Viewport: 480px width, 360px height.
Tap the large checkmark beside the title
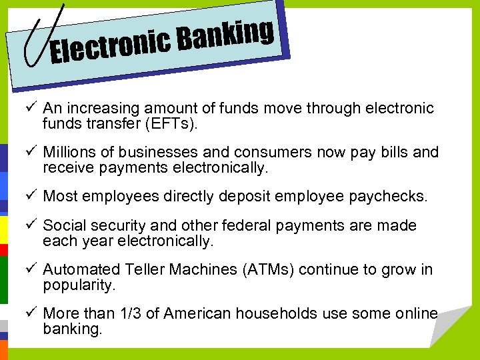click(x=44, y=37)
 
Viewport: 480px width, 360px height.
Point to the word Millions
click(x=68, y=152)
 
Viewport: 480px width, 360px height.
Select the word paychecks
click(x=396, y=197)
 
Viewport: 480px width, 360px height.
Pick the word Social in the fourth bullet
click(x=62, y=226)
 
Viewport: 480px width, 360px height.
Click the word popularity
click(x=79, y=285)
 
